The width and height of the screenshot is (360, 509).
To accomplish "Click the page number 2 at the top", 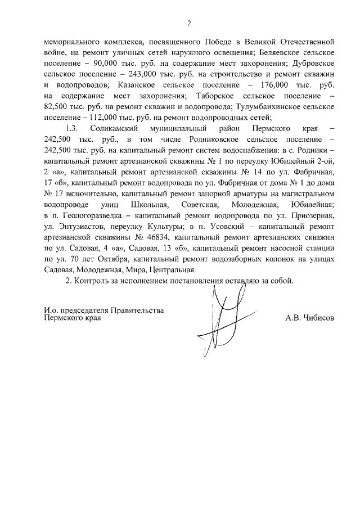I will click(x=189, y=23).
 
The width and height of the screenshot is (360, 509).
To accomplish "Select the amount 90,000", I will click(x=92, y=64).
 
